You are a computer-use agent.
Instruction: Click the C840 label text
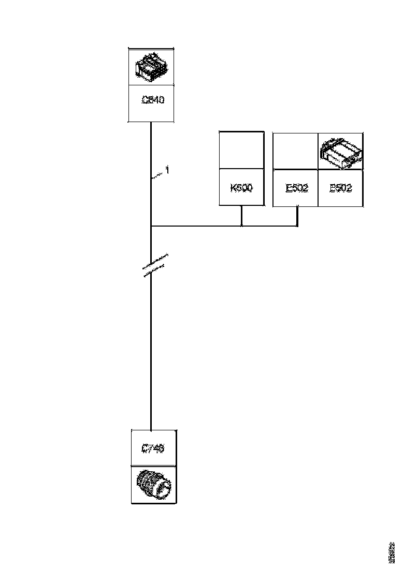[153, 100]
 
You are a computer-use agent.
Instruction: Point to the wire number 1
[167, 170]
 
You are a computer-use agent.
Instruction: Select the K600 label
[241, 188]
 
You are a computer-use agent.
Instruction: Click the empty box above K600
[241, 150]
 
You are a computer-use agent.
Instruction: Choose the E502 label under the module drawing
[340, 188]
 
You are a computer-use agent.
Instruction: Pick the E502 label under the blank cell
[296, 188]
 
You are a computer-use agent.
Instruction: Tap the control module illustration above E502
[340, 152]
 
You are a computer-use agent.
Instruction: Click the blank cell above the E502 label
[295, 151]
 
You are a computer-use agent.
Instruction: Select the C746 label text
[153, 448]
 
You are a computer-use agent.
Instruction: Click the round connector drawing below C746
[153, 485]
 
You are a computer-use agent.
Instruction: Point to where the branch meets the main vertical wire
[150, 226]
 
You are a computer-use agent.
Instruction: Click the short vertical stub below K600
[242, 216]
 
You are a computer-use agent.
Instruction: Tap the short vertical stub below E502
[297, 216]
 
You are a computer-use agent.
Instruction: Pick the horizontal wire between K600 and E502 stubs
[269, 226]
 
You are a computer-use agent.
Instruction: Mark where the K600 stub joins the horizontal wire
[242, 226]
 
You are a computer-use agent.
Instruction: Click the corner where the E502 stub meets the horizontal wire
[297, 226]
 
